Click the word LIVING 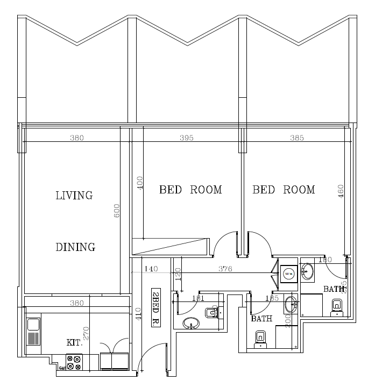click(74, 195)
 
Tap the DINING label click(75, 247)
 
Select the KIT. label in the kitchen click(74, 342)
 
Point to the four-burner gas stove click(74, 362)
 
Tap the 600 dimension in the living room click(117, 211)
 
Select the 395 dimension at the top click(186, 138)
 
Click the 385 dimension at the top click(297, 138)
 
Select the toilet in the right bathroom click(336, 306)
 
